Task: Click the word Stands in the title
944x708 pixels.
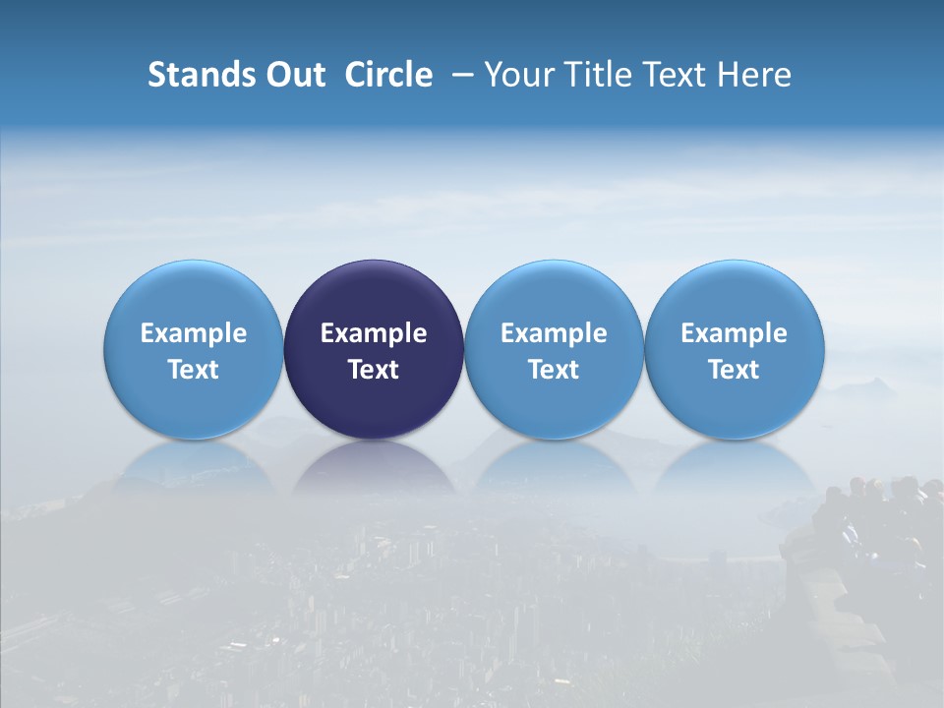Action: pos(202,75)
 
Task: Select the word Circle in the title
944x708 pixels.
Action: pos(388,75)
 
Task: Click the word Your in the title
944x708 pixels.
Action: pos(518,75)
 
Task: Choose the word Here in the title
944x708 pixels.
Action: pos(755,75)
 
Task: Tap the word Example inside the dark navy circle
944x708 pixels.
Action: pos(374,333)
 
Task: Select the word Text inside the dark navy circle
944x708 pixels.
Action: pos(374,370)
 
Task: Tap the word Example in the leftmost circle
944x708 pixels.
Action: pos(194,333)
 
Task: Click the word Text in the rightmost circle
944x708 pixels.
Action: pos(735,370)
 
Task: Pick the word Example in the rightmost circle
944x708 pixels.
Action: pos(735,333)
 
